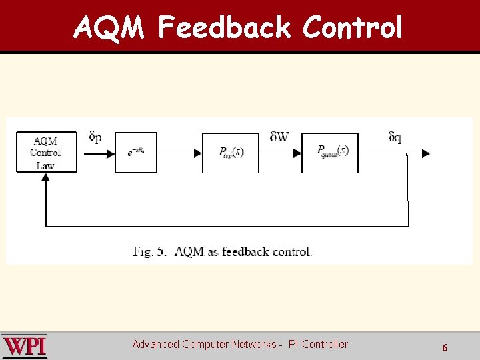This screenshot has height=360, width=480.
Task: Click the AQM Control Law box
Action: [x=46, y=153]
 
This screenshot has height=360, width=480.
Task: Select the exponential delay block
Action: [x=136, y=153]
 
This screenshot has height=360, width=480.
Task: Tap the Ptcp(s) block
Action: [x=231, y=153]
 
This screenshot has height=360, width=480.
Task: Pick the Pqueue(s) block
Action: [x=330, y=153]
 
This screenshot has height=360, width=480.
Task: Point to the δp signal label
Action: [x=95, y=137]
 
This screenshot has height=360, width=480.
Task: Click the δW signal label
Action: [x=279, y=137]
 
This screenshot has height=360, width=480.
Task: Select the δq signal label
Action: [x=395, y=137]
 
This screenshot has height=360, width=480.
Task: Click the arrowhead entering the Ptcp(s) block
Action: [x=198, y=153]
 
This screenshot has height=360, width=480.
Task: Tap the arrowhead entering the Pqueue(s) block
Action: [x=297, y=153]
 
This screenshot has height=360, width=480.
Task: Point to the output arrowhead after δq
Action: [x=426, y=153]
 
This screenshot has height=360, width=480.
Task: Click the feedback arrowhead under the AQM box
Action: [x=45, y=178]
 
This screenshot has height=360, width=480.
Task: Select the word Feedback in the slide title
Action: [x=225, y=28]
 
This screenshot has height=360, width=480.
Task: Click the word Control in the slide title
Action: [x=353, y=28]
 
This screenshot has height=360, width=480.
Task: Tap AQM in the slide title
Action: [x=110, y=28]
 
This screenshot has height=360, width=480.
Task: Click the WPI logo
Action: [x=25, y=347]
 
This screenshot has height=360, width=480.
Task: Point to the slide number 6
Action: [x=445, y=347]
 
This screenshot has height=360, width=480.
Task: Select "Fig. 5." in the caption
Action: [x=151, y=251]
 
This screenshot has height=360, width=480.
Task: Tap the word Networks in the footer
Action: [x=254, y=344]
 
